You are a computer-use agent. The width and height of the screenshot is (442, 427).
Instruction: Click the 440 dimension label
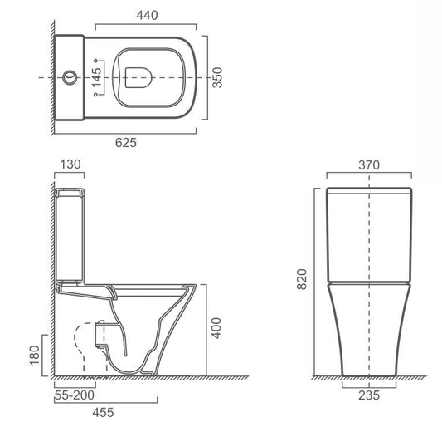147,16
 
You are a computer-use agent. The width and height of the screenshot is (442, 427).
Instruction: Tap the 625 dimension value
126,143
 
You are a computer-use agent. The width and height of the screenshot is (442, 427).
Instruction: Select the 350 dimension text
217,77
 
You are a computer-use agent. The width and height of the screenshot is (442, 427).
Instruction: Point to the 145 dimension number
96,77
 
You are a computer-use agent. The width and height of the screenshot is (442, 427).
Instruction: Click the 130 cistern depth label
70,164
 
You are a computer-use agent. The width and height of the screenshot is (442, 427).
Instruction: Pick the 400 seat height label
216,328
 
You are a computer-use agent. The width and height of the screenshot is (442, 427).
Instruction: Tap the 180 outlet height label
34,356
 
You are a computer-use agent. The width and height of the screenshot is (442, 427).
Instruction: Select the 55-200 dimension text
75,395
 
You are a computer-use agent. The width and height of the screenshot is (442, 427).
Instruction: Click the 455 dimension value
103,413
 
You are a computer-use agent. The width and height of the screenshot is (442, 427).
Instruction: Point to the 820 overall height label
302,279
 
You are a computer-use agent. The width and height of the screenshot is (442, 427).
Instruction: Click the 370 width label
369,165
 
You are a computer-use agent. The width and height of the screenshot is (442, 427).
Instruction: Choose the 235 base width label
369,395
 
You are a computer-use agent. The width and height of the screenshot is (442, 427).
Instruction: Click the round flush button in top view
70,77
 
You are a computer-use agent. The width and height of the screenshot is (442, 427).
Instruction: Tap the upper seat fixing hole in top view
96,61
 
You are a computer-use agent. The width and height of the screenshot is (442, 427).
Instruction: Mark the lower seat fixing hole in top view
96,95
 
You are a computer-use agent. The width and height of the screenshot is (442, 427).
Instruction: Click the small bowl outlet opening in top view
138,77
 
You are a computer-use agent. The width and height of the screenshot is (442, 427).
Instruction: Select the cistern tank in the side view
70,234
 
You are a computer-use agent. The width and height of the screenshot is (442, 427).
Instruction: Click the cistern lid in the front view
369,191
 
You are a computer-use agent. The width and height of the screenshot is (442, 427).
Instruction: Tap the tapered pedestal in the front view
369,330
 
